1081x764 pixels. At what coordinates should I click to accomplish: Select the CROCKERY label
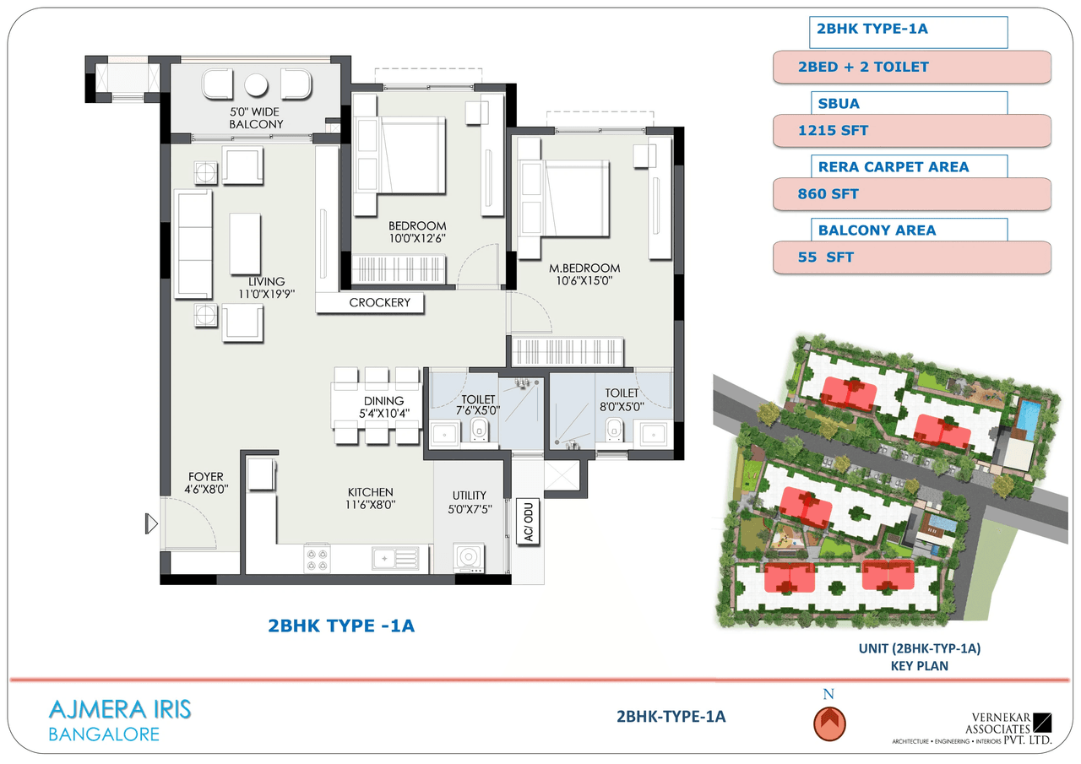click(x=379, y=302)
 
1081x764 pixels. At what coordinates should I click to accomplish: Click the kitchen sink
click(x=395, y=557)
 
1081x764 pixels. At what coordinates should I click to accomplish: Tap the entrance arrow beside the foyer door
click(x=152, y=524)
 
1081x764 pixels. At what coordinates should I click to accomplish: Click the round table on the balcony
click(x=256, y=85)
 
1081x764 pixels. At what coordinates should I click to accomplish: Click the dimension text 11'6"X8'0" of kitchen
click(x=371, y=505)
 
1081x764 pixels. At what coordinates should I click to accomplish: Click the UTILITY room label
click(x=469, y=496)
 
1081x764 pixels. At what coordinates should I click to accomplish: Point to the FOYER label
click(x=205, y=477)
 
